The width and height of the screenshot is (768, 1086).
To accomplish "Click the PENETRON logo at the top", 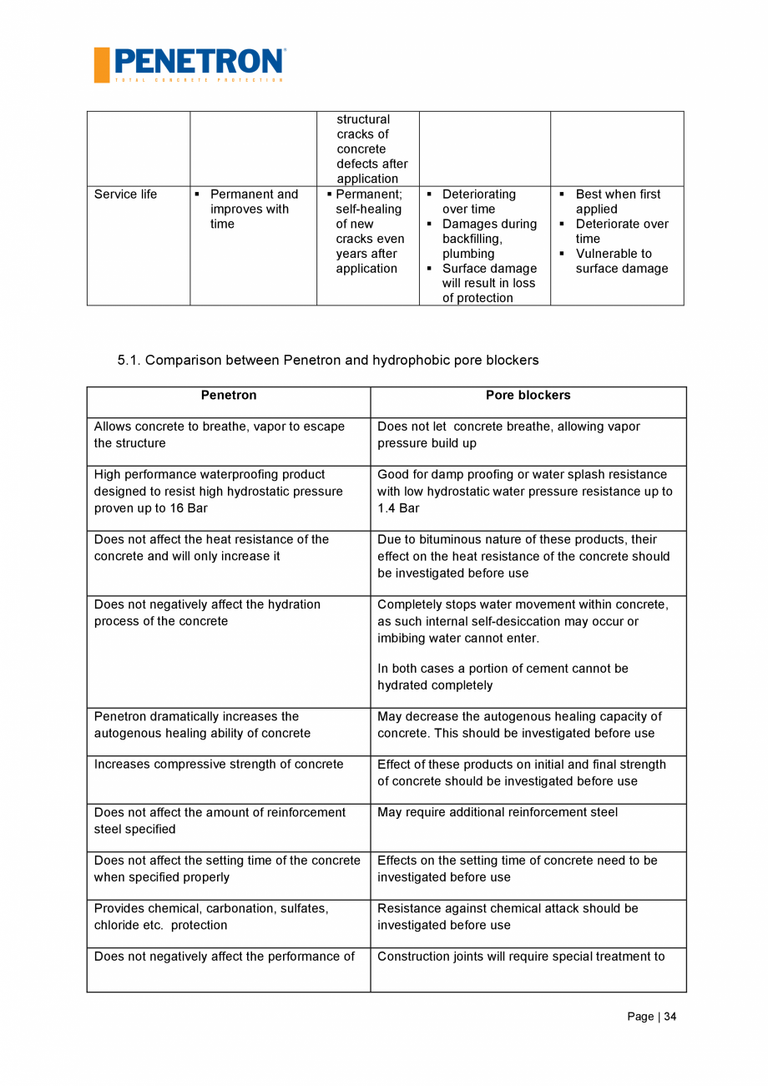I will click(x=189, y=64).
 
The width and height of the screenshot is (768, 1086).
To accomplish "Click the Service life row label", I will click(x=125, y=194).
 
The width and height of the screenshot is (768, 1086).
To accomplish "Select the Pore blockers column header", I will click(x=528, y=395).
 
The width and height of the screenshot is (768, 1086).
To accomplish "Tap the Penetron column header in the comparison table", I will click(x=228, y=395).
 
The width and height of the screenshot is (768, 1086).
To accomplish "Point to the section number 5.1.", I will click(x=129, y=361).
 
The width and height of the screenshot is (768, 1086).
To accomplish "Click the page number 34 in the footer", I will click(x=670, y=1016).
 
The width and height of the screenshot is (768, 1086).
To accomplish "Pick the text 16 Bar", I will click(x=189, y=508).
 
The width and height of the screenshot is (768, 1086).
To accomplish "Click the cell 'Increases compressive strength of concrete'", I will click(x=219, y=765).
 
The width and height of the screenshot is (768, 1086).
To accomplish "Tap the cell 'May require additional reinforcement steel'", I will click(x=498, y=812).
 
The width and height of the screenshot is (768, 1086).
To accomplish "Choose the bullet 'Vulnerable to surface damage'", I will click(x=621, y=261).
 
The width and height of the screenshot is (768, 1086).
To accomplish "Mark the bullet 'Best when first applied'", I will click(x=617, y=201).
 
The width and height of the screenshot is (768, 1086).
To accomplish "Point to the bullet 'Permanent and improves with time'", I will click(x=253, y=209).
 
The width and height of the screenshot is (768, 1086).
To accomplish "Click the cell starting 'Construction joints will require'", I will click(x=521, y=957).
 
